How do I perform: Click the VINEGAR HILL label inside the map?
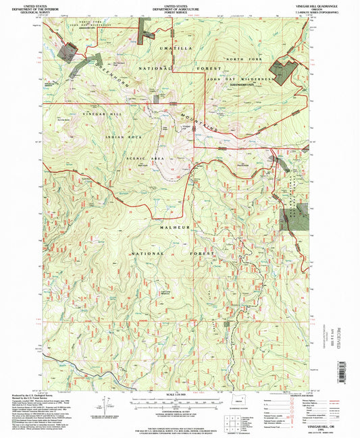[102, 115]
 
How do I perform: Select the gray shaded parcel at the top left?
[67, 51]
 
